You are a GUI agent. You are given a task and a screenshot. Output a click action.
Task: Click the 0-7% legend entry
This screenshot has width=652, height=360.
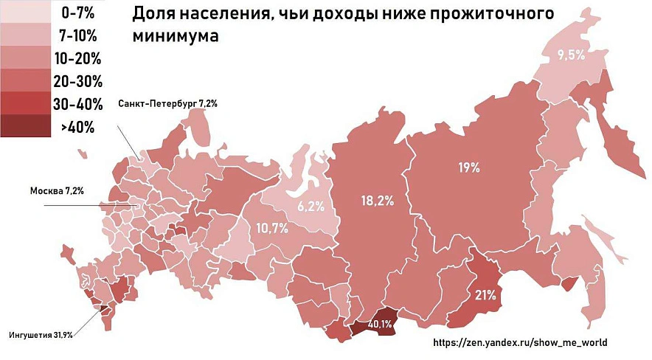click(x=77, y=13)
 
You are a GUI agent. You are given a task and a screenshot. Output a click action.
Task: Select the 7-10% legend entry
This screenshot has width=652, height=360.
click(x=77, y=35)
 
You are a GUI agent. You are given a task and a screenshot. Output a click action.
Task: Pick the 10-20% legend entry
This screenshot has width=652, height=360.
click(x=77, y=58)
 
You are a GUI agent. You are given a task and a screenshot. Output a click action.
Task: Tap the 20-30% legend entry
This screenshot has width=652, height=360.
click(x=77, y=81)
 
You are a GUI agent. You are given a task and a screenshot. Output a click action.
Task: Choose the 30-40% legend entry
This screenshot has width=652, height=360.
click(x=77, y=104)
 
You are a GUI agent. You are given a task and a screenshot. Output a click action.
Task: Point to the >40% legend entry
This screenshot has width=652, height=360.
click(x=77, y=127)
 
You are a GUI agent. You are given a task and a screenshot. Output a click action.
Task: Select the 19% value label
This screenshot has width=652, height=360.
click(x=469, y=168)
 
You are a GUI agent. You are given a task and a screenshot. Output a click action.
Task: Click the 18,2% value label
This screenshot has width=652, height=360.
click(x=377, y=200)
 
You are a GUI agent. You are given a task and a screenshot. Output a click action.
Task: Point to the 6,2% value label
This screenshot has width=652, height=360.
click(x=311, y=207)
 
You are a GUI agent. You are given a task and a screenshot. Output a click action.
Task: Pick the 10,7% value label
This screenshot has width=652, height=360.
click(x=271, y=228)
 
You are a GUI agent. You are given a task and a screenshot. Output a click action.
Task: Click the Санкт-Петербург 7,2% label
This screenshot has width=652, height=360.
click(x=167, y=104)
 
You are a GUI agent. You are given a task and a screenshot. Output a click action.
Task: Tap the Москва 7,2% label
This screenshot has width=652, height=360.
click(x=57, y=191)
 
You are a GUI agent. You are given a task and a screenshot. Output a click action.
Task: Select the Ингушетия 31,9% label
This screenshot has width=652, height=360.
click(x=41, y=336)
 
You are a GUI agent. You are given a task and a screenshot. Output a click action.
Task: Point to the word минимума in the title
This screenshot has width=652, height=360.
click(x=176, y=36)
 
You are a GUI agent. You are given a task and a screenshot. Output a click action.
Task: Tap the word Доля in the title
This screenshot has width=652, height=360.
click(x=153, y=14)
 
